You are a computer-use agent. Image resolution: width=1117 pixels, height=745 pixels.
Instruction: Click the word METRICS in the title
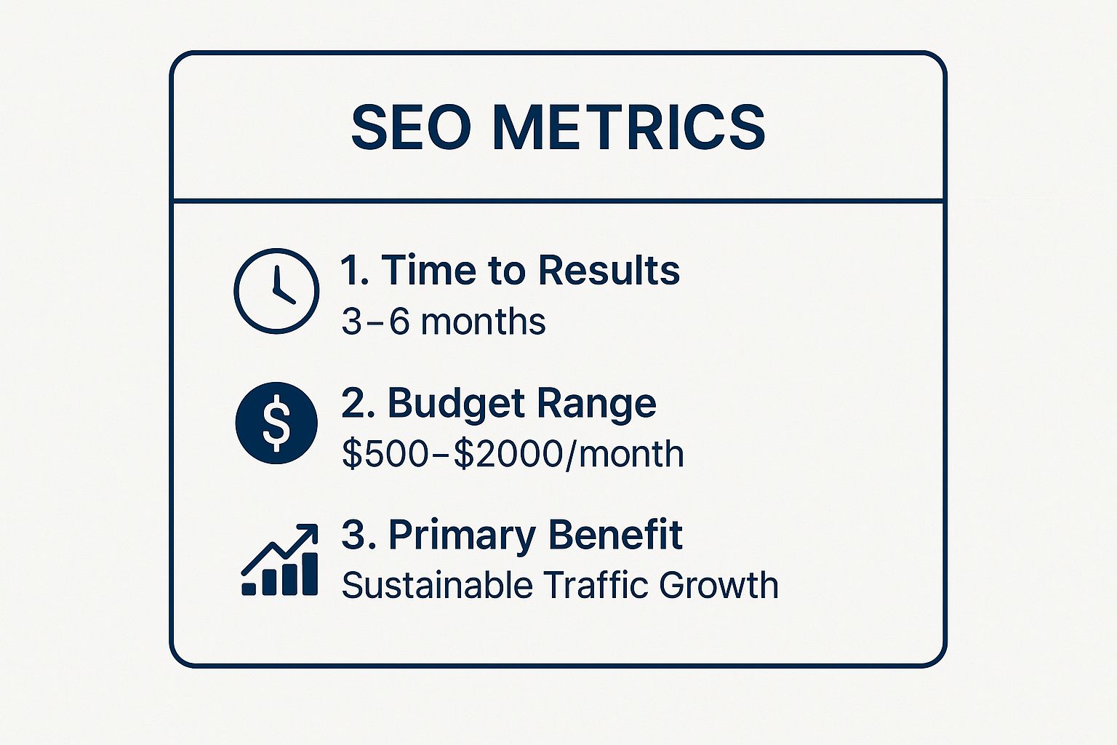tap(628, 128)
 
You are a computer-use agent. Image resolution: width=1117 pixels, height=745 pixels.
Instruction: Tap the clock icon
tap(276, 291)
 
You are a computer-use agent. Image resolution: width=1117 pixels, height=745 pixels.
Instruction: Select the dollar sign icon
tap(276, 423)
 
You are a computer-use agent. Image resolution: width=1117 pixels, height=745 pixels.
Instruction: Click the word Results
tap(609, 270)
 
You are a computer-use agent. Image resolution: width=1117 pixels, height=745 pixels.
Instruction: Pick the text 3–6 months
tap(443, 321)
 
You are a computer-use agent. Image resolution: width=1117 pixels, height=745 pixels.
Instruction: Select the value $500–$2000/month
tap(513, 454)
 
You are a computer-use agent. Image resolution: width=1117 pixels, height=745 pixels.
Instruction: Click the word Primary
tap(462, 536)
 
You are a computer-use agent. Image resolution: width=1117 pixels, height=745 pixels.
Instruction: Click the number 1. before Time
tap(356, 270)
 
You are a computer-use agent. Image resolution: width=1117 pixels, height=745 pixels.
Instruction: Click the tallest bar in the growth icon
tap(309, 574)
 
